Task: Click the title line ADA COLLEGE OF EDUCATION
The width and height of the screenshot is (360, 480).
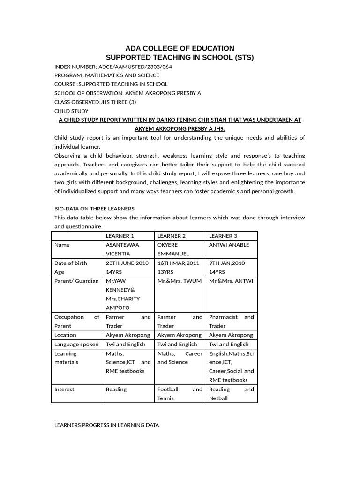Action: pyautogui.click(x=180, y=48)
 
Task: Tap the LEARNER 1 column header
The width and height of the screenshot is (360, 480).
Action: pyautogui.click(x=120, y=236)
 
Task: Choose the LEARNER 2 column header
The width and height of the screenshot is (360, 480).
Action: pyautogui.click(x=172, y=236)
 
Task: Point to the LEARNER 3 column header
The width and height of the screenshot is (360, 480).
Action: pyautogui.click(x=223, y=236)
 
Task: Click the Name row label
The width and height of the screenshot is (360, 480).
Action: pyautogui.click(x=62, y=245)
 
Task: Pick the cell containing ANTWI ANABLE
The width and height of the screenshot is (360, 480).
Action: pyautogui.click(x=229, y=245)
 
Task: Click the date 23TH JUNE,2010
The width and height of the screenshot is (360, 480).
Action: pyautogui.click(x=127, y=263)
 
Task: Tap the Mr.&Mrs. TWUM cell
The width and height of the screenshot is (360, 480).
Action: pyautogui.click(x=180, y=281)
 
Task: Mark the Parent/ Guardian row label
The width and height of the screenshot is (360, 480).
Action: pyautogui.click(x=76, y=281)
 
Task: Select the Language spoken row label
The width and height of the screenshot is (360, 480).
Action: pyautogui.click(x=76, y=344)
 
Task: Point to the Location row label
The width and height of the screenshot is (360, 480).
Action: pyautogui.click(x=65, y=335)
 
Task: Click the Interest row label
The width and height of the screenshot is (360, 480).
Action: pyautogui.click(x=64, y=389)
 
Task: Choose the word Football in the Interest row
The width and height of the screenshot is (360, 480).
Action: pyautogui.click(x=168, y=389)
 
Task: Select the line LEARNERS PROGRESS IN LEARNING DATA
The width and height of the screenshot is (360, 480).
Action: pyautogui.click(x=106, y=425)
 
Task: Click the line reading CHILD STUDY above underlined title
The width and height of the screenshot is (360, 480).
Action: pyautogui.click(x=71, y=111)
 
